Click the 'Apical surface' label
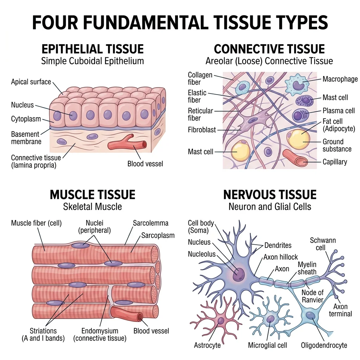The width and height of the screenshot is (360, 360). [31, 82]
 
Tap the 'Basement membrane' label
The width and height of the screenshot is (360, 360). [26, 138]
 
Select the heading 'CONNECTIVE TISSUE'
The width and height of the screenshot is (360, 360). [269, 49]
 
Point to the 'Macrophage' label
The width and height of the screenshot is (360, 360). [340, 79]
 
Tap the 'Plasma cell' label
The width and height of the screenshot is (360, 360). [339, 111]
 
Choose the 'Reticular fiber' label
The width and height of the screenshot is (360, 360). [200, 114]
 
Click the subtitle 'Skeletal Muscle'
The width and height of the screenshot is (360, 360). [92, 206]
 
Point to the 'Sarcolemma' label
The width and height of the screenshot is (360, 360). [150, 223]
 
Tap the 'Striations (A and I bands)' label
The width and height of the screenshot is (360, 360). [43, 335]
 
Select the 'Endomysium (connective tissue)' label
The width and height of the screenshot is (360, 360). [99, 335]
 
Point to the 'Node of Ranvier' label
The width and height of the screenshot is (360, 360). [313, 296]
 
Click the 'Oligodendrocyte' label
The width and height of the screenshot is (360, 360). [324, 345]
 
